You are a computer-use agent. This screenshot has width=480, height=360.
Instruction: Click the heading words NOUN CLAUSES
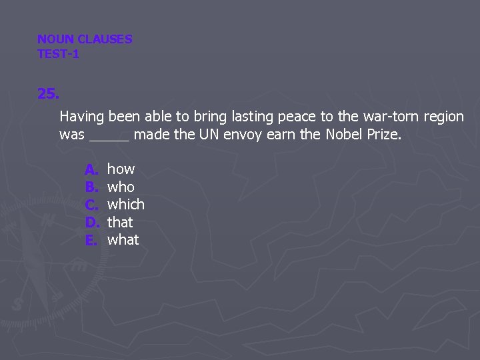[x=85, y=39]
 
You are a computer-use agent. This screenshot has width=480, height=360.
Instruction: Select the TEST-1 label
[x=59, y=54]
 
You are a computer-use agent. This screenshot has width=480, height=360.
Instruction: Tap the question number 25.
[x=48, y=94]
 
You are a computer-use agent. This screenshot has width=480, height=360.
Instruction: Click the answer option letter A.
[x=91, y=169]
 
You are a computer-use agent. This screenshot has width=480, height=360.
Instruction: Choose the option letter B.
[x=91, y=187]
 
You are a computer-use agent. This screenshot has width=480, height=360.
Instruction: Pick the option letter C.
[x=91, y=205]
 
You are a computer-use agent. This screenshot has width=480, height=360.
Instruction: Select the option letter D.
[x=91, y=222]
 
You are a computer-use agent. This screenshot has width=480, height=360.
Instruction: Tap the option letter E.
[x=91, y=239]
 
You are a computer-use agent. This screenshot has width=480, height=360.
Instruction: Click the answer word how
[x=121, y=169]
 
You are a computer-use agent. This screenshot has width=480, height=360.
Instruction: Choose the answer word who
[x=121, y=187]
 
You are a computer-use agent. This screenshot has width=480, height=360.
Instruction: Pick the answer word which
[x=126, y=205]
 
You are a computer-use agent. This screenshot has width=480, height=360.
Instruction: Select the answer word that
[x=120, y=222]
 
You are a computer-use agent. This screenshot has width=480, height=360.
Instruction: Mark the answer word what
[x=123, y=239]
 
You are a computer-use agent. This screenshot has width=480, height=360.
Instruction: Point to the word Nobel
[x=343, y=135]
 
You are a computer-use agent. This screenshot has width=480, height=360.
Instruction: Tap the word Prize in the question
[x=383, y=135]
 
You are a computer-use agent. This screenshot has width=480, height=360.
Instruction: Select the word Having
[x=82, y=117]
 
